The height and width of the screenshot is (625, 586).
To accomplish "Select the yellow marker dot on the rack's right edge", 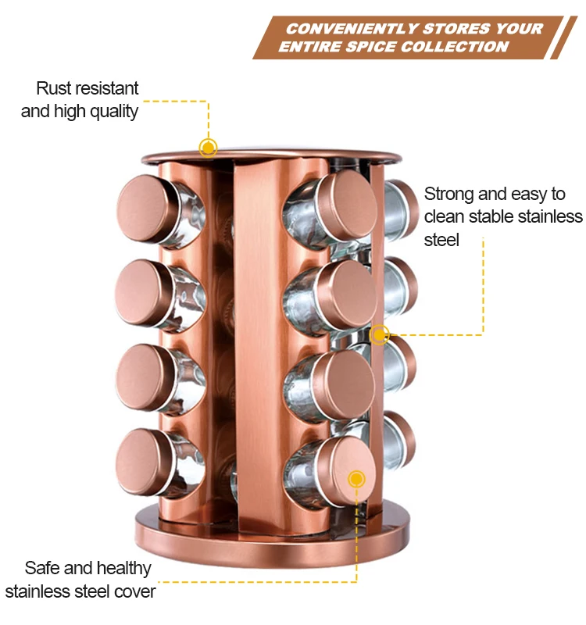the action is [380, 334].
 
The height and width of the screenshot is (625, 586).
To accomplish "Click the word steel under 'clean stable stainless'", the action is [441, 240].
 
